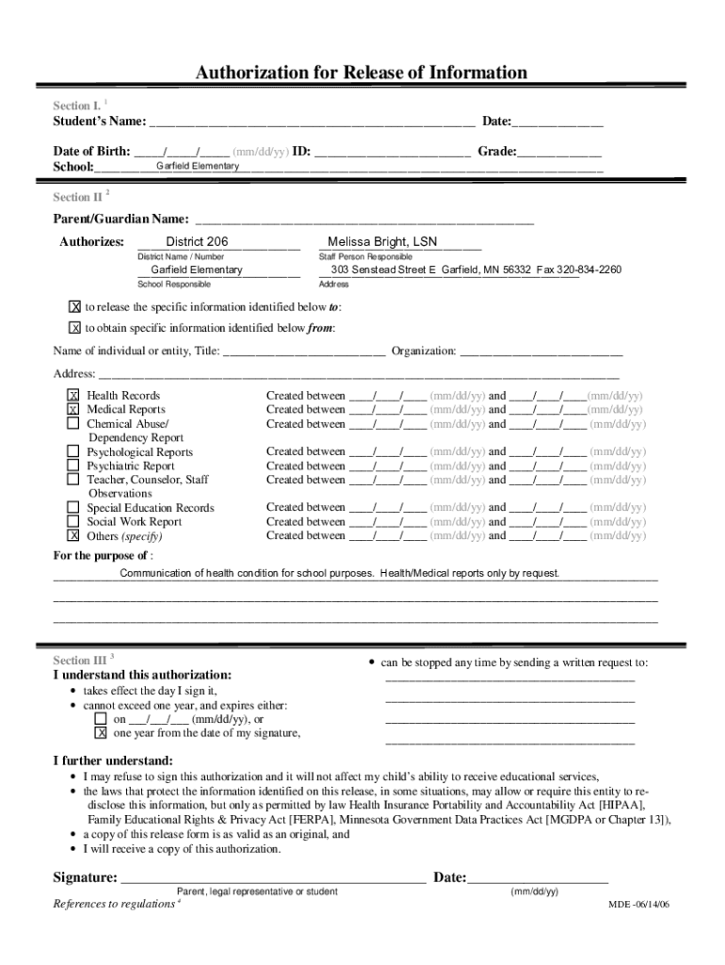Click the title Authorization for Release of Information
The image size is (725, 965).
[362, 73]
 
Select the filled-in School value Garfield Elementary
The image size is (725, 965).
[198, 167]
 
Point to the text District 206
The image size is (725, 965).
[197, 242]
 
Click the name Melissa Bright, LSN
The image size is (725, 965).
[382, 242]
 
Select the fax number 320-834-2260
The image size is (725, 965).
[589, 270]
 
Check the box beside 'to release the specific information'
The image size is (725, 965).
[74, 307]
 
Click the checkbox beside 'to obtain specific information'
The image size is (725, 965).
[74, 328]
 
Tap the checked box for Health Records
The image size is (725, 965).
[72, 396]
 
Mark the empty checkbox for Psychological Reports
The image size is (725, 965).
[72, 452]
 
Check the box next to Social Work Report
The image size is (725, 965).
[72, 522]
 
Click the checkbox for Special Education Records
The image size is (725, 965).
[72, 508]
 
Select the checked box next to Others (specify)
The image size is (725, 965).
[72, 536]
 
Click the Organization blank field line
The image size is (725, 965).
[541, 353]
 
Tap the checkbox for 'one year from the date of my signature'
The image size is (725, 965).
[100, 733]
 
